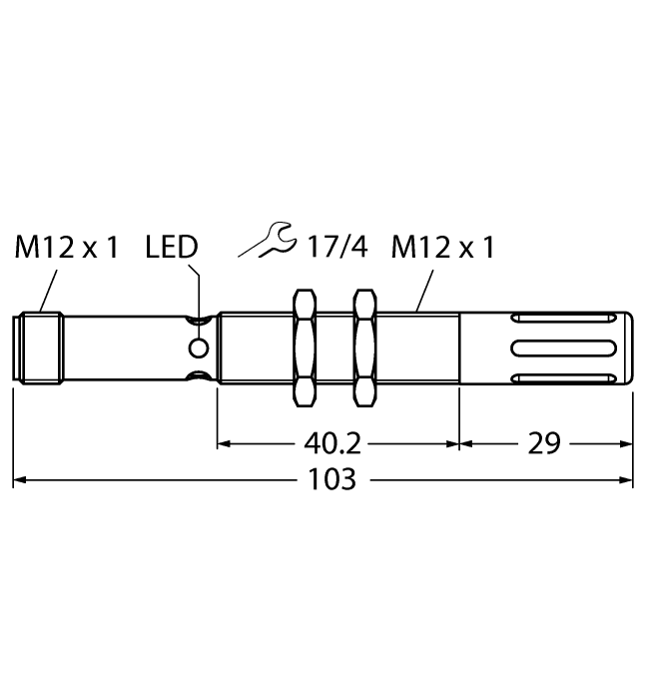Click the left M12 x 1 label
pyautogui.click(x=66, y=248)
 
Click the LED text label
pyautogui.click(x=172, y=248)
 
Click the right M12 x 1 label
pyautogui.click(x=444, y=248)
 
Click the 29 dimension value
pyautogui.click(x=545, y=442)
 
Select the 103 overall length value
pyautogui.click(x=331, y=479)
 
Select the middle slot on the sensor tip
pyautogui.click(x=563, y=348)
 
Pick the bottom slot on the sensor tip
pyautogui.click(x=563, y=376)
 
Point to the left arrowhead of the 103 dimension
pyautogui.click(x=20, y=480)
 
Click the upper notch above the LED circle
pyautogui.click(x=200, y=321)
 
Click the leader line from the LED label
pyautogui.click(x=200, y=290)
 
